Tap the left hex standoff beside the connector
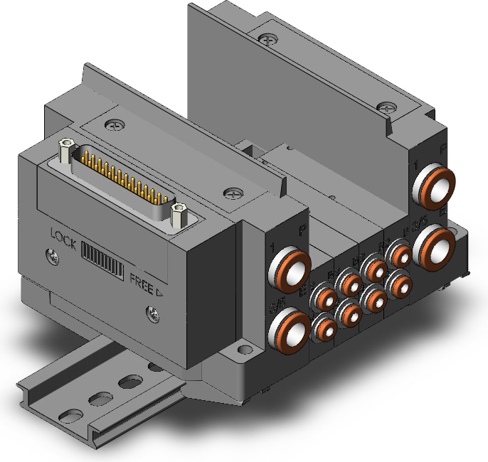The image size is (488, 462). [66, 148]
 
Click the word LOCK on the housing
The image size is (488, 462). [64, 235]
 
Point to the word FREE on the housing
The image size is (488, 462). [142, 279]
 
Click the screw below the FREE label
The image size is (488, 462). [151, 311]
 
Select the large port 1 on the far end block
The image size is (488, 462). [436, 184]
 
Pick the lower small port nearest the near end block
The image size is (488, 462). [325, 327]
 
